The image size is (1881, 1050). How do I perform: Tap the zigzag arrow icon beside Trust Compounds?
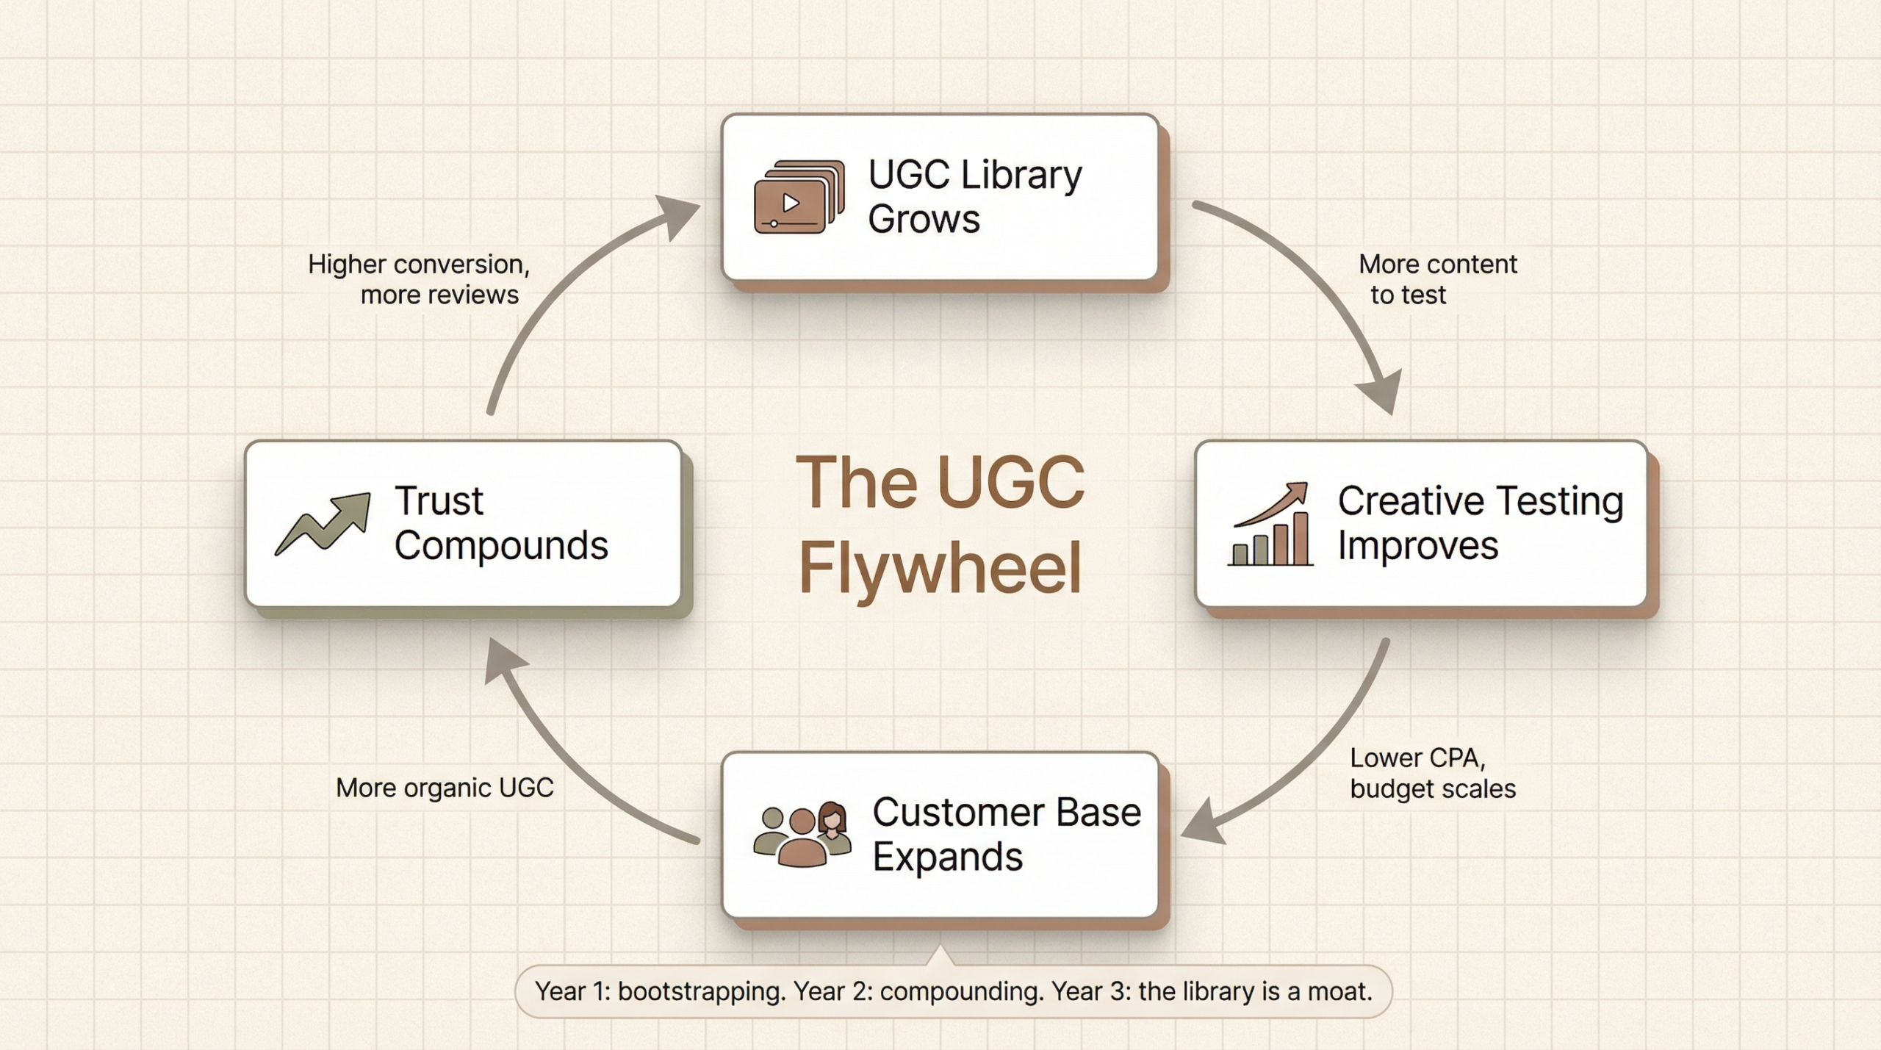click(323, 523)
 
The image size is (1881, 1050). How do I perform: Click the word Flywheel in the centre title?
click(940, 567)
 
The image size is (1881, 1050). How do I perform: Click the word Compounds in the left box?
click(501, 545)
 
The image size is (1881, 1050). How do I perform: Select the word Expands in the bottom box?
click(947, 857)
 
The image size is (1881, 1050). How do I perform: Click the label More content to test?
click(1436, 279)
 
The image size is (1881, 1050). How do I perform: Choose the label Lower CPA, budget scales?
click(1432, 773)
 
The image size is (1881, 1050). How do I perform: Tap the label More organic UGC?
click(445, 788)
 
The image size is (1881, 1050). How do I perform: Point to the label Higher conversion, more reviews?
click(419, 279)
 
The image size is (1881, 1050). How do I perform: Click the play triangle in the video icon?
click(791, 202)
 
